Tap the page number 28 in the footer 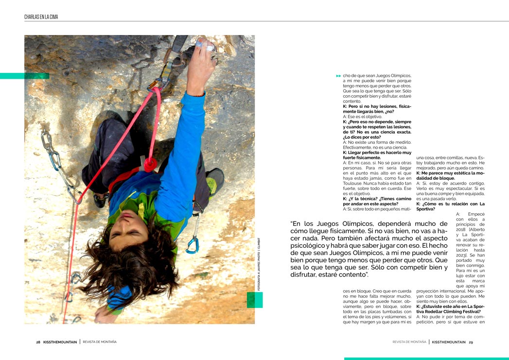click(x=38, y=342)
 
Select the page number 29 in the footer click(x=471, y=342)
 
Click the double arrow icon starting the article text click(x=338, y=76)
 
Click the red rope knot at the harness click(x=150, y=164)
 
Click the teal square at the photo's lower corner click(x=255, y=300)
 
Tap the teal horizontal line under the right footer click(x=426, y=359)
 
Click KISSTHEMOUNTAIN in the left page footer click(x=60, y=342)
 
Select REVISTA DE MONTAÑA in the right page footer click(x=409, y=342)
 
